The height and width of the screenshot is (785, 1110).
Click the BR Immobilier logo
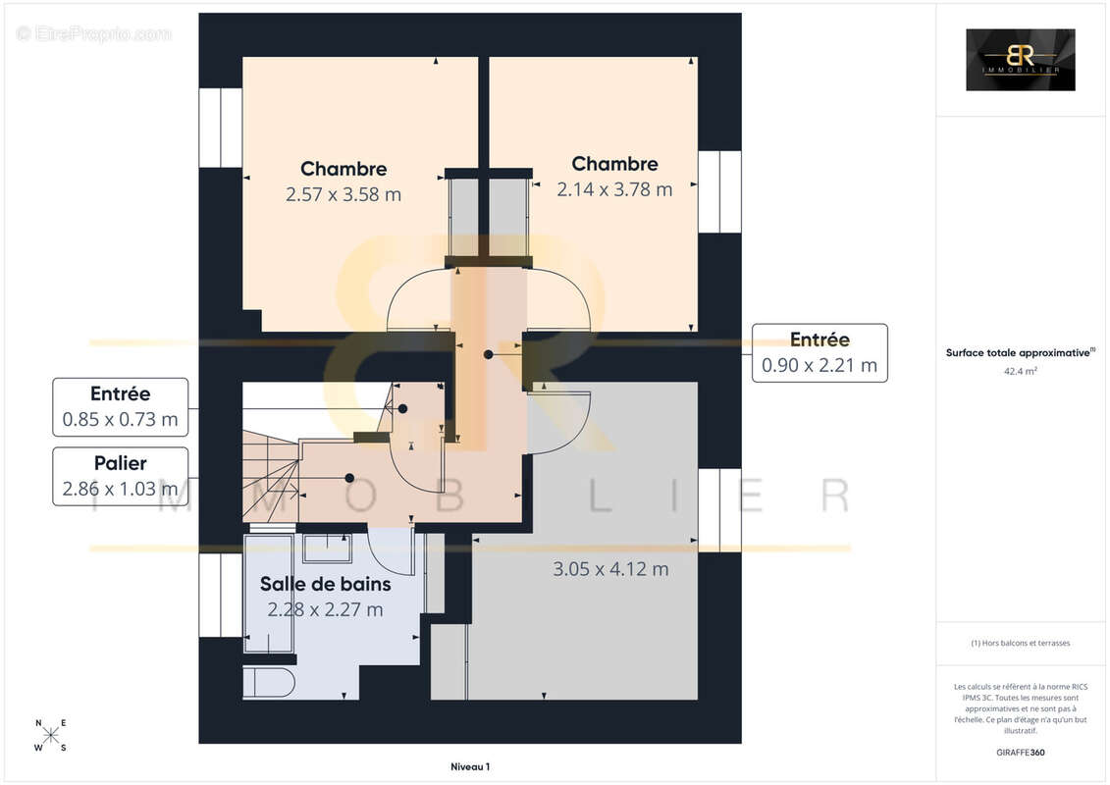click(x=1020, y=60)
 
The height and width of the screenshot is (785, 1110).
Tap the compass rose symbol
click(x=51, y=735)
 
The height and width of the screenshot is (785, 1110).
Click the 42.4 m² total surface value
click(x=1020, y=372)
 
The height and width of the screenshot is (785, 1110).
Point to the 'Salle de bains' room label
click(x=325, y=585)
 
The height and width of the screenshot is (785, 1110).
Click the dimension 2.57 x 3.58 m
click(x=344, y=194)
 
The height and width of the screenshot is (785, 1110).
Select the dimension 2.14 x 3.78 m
click(x=614, y=189)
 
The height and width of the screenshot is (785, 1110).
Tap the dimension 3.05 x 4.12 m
click(x=610, y=568)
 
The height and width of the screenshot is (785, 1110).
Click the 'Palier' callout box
click(x=120, y=476)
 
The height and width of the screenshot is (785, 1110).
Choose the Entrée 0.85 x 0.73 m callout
click(x=120, y=407)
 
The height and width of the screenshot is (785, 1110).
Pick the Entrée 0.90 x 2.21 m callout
click(x=819, y=353)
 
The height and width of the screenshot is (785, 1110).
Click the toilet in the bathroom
click(x=268, y=683)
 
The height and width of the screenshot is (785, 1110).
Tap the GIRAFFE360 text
click(x=1020, y=753)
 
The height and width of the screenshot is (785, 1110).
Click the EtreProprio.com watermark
click(x=94, y=34)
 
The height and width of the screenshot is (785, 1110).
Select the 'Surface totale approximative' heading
click(x=1020, y=352)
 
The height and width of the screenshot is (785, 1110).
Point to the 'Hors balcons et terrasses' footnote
click(x=1020, y=643)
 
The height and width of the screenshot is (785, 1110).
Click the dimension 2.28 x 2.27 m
click(x=325, y=609)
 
